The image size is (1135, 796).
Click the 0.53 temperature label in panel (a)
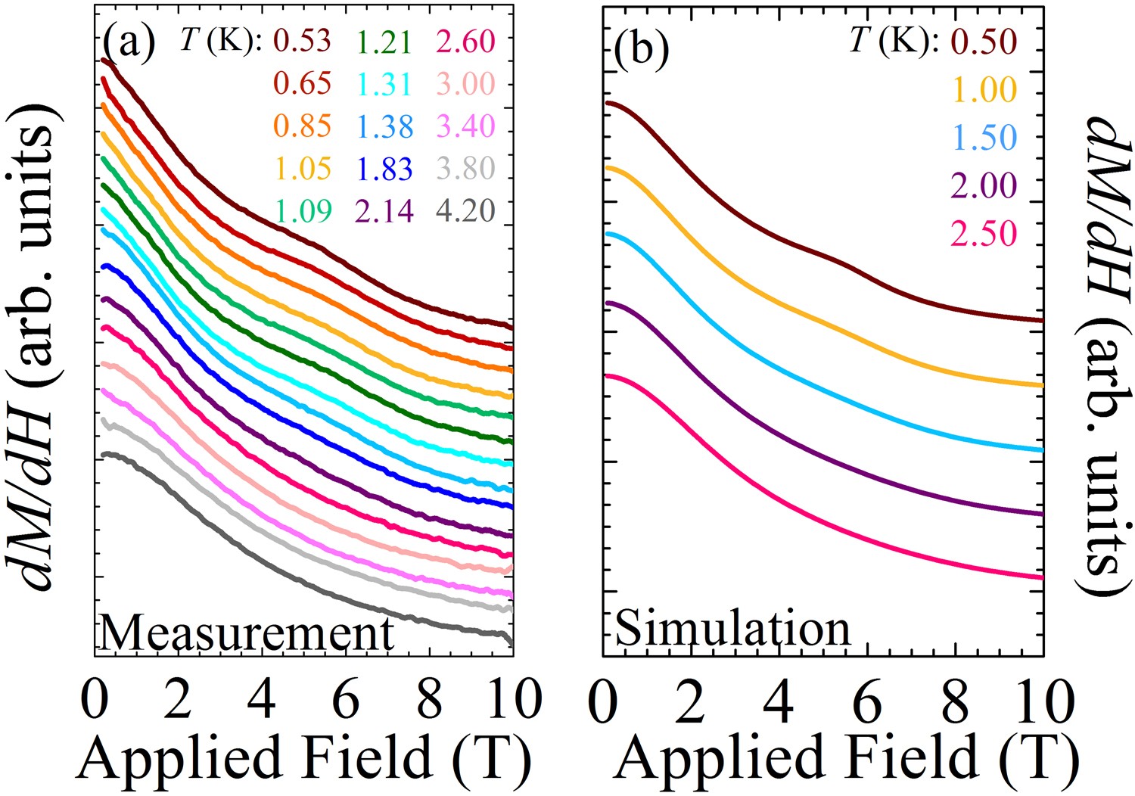[302, 41]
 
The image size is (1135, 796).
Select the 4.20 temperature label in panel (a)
[465, 210]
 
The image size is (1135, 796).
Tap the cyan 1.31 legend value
[384, 84]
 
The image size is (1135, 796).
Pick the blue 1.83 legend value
[384, 169]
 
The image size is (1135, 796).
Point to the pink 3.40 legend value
[465, 126]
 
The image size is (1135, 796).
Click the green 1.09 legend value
[302, 210]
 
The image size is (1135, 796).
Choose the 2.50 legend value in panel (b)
[984, 233]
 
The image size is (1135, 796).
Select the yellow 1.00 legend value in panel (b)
[984, 90]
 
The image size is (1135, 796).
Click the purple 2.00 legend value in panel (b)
[984, 185]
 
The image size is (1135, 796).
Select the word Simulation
[733, 629]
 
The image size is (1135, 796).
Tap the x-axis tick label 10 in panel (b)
[1042, 700]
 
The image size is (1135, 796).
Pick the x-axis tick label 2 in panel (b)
[691, 700]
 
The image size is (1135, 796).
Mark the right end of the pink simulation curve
[1042, 577]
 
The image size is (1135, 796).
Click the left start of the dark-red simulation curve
[606, 103]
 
